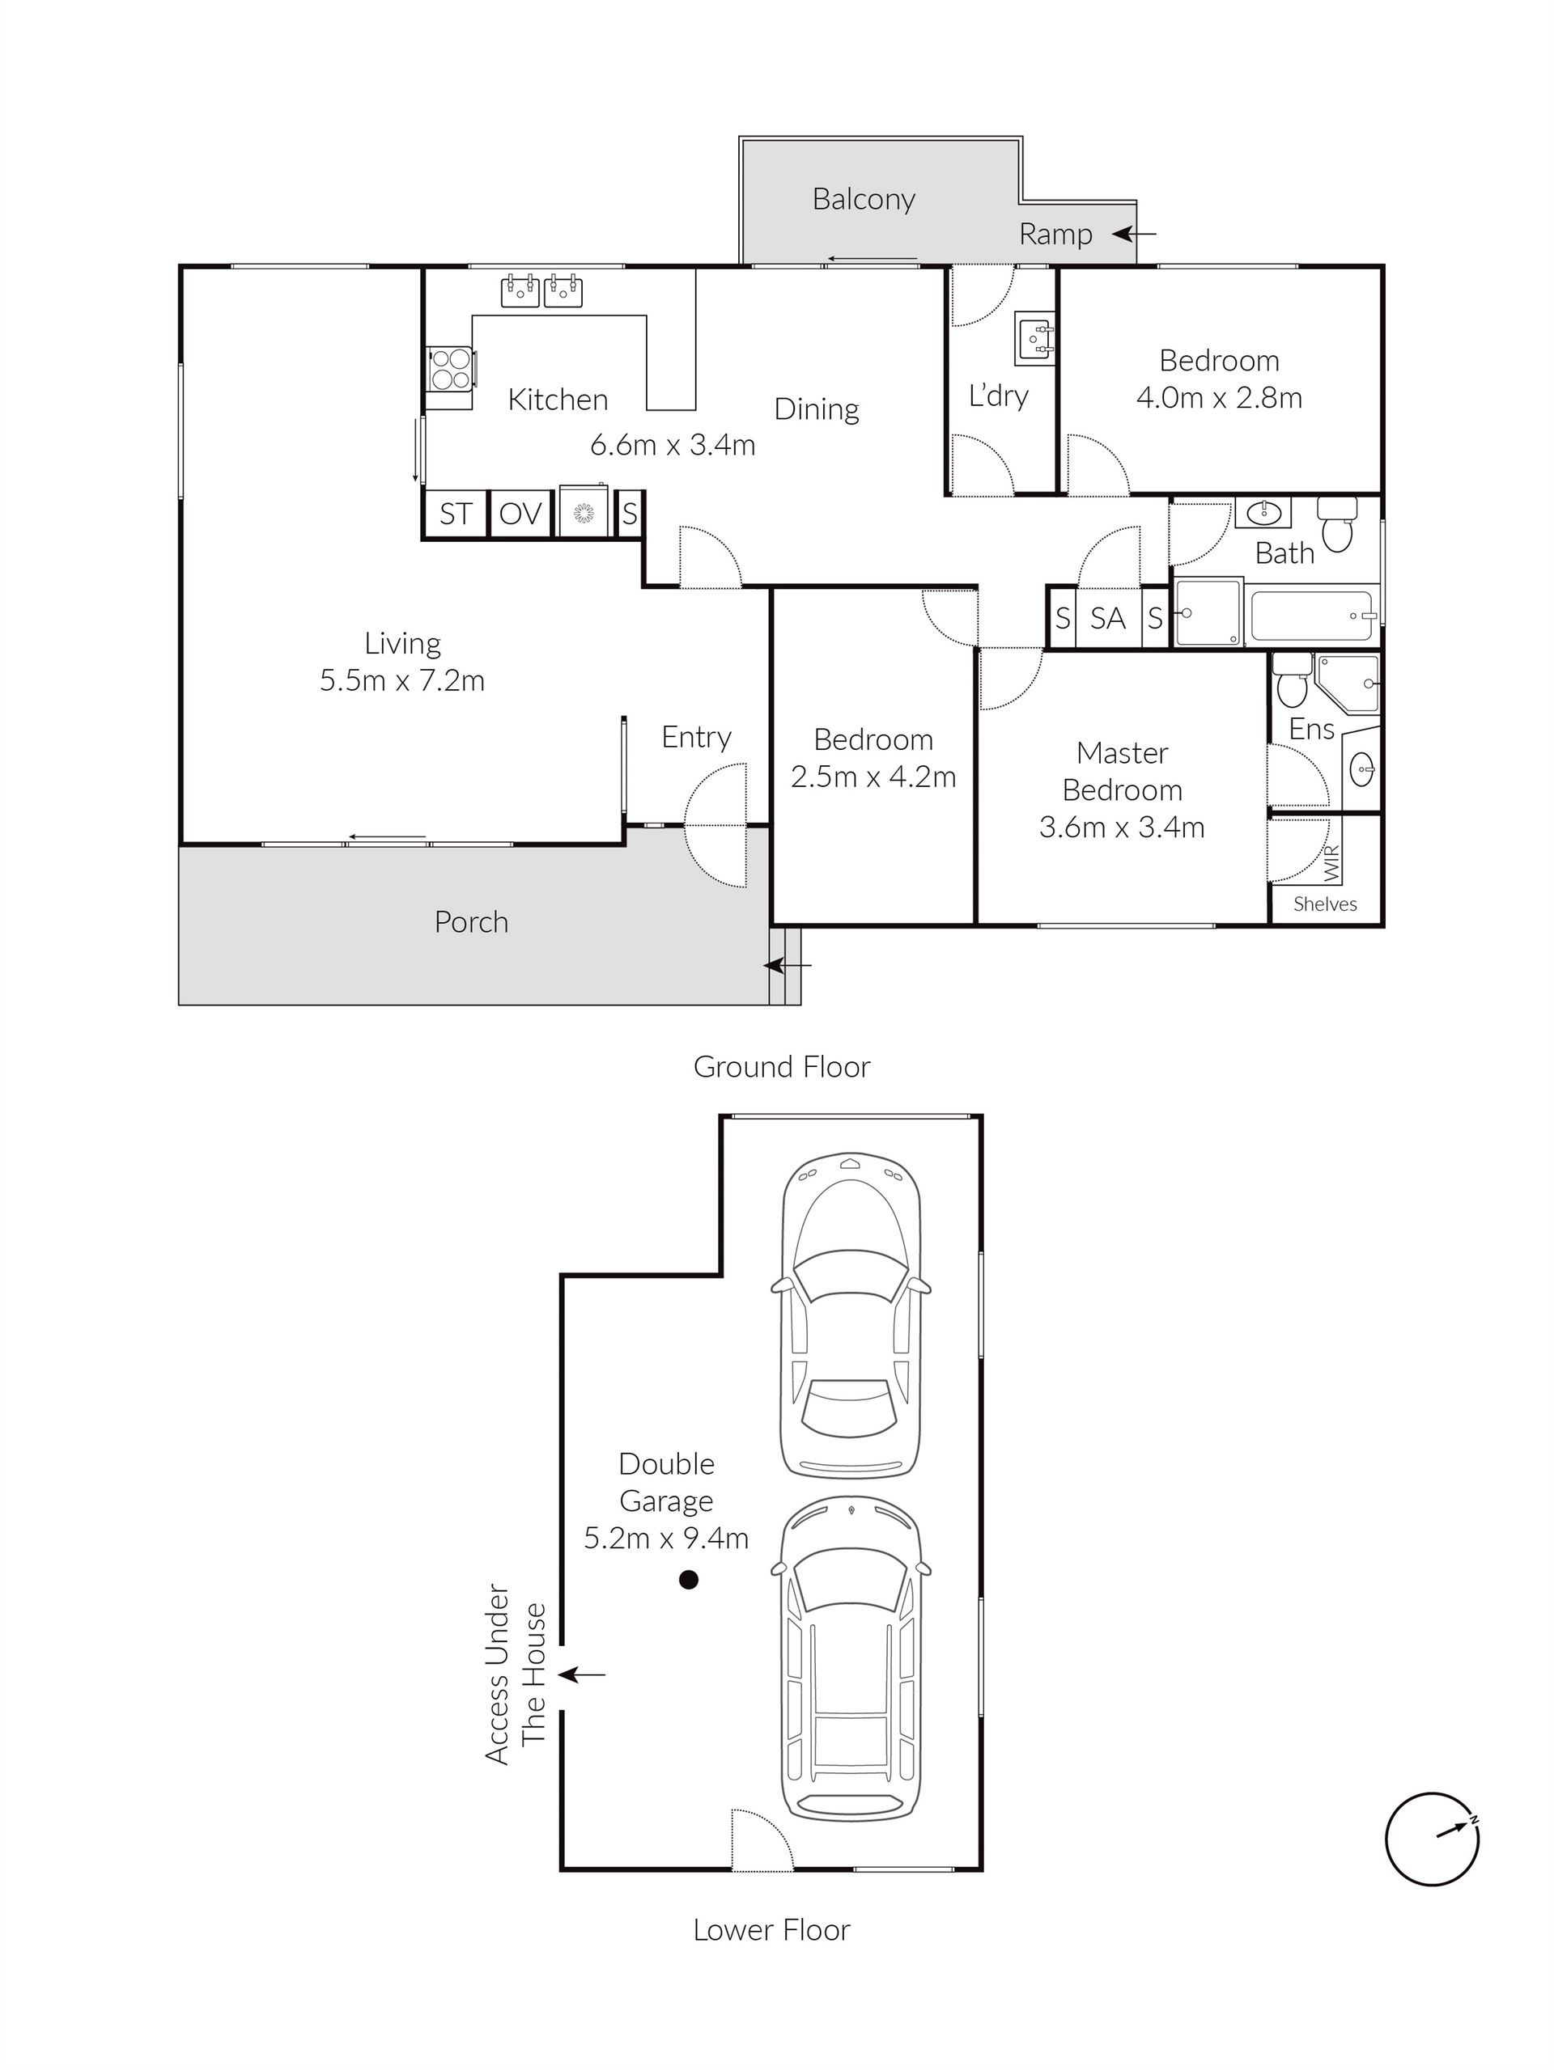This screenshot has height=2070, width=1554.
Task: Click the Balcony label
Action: pyautogui.click(x=863, y=199)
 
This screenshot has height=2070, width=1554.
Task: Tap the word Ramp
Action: pyautogui.click(x=1055, y=234)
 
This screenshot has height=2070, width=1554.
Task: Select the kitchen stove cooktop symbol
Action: pyautogui.click(x=450, y=368)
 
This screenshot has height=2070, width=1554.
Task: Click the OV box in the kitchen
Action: pyautogui.click(x=520, y=514)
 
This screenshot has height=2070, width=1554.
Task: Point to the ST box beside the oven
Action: pyautogui.click(x=456, y=514)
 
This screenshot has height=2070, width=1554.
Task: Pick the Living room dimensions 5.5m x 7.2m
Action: pyautogui.click(x=401, y=680)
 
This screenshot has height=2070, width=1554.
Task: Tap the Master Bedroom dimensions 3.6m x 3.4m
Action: pyautogui.click(x=1122, y=828)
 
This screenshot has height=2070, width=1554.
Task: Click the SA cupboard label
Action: pyautogui.click(x=1107, y=618)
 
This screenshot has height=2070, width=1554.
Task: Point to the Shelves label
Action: pyautogui.click(x=1325, y=904)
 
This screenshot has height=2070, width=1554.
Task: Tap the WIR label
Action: pyautogui.click(x=1332, y=863)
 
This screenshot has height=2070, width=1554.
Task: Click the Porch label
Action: pyautogui.click(x=471, y=923)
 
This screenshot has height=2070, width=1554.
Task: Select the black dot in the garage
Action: pyautogui.click(x=688, y=1580)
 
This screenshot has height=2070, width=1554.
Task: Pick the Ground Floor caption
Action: pyautogui.click(x=782, y=1067)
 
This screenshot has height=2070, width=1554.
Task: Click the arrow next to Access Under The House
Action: pyautogui.click(x=582, y=1674)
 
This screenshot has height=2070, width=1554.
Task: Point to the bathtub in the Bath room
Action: pyautogui.click(x=1313, y=616)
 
